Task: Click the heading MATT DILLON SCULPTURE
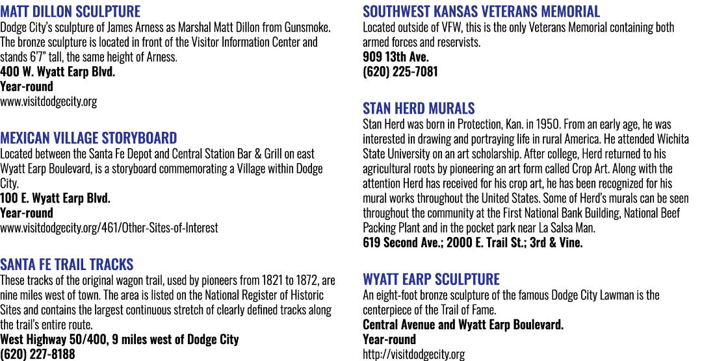[x=70, y=11]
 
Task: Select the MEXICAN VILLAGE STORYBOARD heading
[x=88, y=138]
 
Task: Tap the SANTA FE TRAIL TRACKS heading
[x=67, y=264]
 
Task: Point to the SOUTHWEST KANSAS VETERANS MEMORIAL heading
[x=481, y=11]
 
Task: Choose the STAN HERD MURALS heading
[x=419, y=108]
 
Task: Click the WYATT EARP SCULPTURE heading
[x=431, y=279]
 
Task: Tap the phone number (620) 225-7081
[x=400, y=71]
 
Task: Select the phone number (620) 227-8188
[x=38, y=355]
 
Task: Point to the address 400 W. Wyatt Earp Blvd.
[x=58, y=71]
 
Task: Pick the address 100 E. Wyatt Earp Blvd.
[x=55, y=198]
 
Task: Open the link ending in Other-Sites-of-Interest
[x=109, y=228]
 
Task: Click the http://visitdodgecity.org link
[x=413, y=355]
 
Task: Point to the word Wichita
[x=673, y=138]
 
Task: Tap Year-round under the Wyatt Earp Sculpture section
[x=389, y=339]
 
